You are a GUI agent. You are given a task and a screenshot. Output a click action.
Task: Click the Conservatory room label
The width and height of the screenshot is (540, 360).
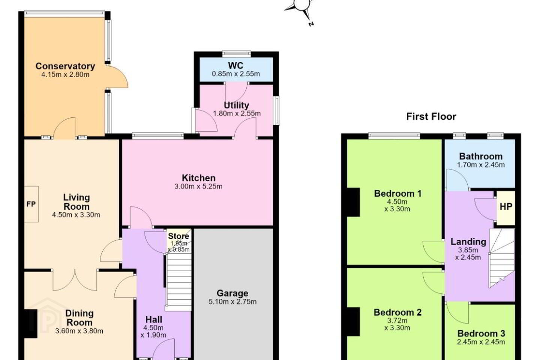65,66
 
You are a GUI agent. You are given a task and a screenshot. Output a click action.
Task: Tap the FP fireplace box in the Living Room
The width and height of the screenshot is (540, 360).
31,204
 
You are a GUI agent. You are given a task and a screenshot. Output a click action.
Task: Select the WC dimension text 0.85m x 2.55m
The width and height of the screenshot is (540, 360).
236,74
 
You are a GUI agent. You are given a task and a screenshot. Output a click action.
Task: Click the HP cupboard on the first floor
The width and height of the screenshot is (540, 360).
506,208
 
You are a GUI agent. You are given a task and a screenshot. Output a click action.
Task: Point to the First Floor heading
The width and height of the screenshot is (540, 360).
431,117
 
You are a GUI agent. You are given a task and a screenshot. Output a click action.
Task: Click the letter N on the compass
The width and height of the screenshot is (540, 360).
311,24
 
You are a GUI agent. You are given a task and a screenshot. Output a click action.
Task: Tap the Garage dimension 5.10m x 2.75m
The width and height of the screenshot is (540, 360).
232,301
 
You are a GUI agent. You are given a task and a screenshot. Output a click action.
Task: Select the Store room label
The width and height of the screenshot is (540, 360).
178,236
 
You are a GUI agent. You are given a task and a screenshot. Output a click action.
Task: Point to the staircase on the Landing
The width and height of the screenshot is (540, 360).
502,258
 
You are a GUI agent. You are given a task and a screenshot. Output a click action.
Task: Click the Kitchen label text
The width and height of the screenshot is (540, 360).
199,178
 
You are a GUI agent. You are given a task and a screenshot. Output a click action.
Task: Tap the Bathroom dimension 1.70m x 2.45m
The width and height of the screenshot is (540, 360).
481,165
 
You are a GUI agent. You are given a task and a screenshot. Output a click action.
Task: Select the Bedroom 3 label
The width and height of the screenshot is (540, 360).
481,333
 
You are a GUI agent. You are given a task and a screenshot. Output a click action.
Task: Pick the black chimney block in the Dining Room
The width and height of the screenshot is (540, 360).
31,324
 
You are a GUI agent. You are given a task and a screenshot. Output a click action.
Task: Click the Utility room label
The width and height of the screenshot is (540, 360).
236,106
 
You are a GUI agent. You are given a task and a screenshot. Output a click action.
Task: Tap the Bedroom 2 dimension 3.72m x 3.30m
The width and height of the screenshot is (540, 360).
397,324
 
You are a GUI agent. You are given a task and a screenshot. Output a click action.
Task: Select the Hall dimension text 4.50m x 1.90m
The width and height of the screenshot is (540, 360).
153,331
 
